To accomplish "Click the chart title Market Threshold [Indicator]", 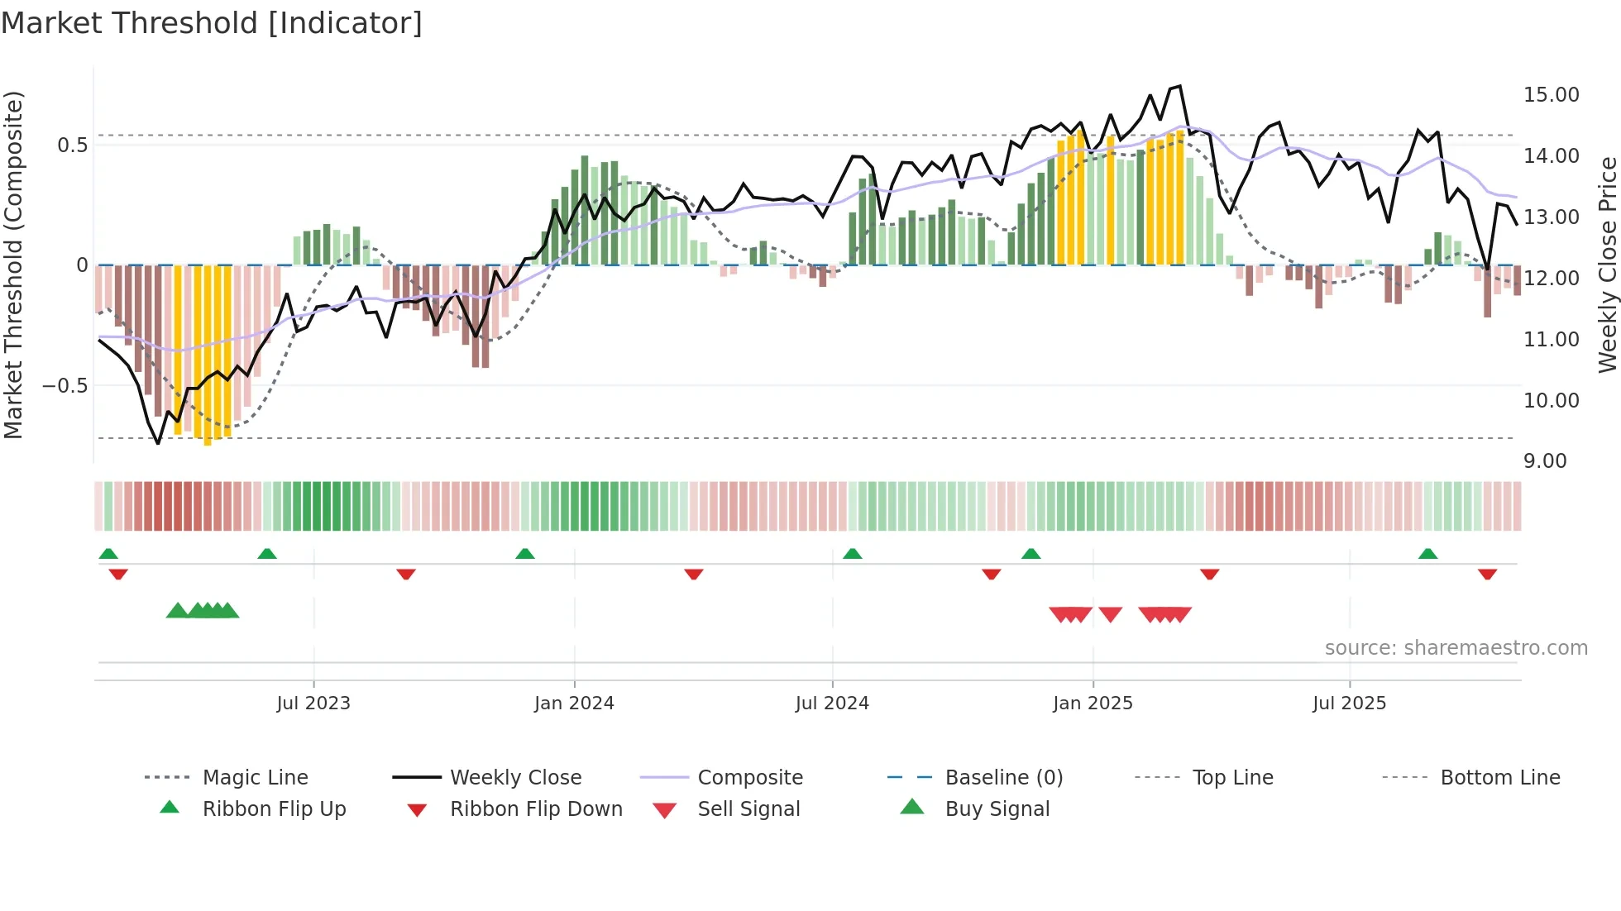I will (212, 23).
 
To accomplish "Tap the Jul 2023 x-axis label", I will (313, 704).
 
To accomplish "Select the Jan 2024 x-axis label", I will (574, 704).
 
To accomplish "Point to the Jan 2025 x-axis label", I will (1093, 704).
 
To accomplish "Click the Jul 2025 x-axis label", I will (1349, 704).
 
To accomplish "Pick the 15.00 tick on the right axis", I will (1551, 95).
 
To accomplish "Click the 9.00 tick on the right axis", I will (1545, 461).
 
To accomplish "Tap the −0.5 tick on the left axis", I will (65, 386).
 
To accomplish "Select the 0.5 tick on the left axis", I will (72, 145).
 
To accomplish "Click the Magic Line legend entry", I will (255, 778).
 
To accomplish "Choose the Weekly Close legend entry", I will (515, 778).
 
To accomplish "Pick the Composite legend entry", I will (749, 778).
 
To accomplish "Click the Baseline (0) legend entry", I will (1003, 778).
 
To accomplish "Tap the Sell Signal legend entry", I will (748, 809).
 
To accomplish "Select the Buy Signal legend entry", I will (997, 809).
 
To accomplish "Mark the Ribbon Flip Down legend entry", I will (535, 809).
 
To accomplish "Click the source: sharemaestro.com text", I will (1456, 648).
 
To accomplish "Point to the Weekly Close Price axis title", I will (1607, 265).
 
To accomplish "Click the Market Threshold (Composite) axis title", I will (13, 265).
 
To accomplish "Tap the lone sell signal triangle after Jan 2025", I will (1111, 614).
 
